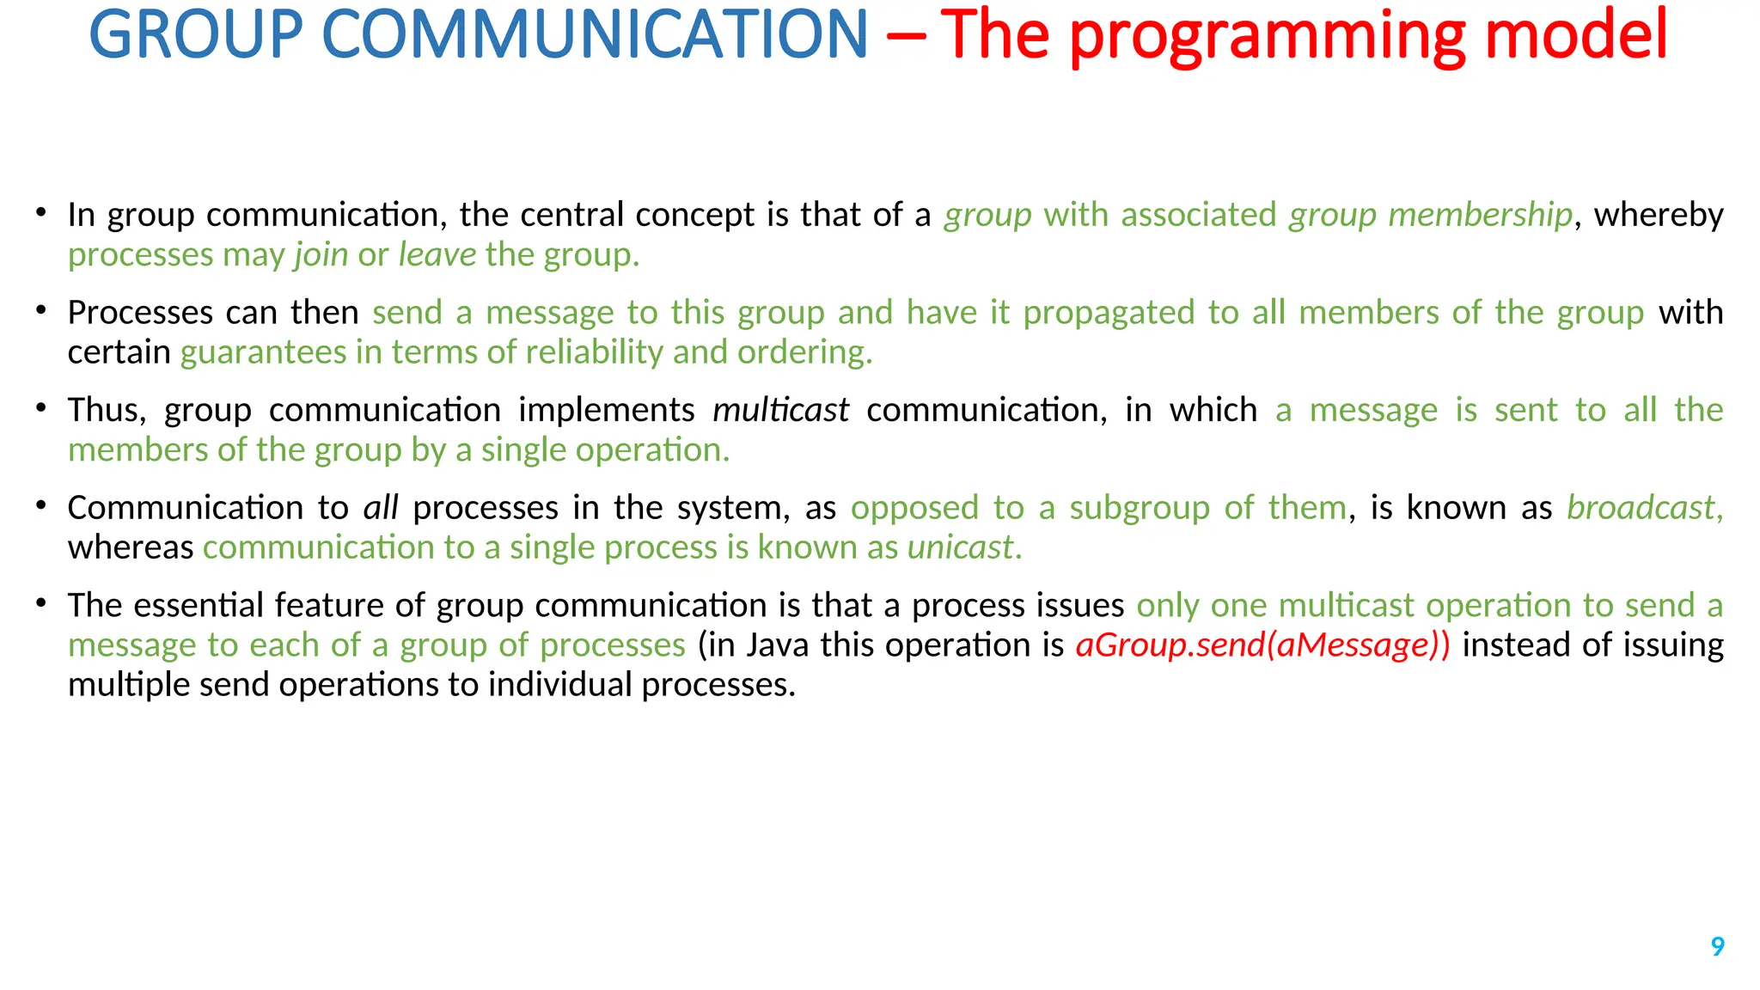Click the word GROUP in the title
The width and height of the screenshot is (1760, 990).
tap(196, 34)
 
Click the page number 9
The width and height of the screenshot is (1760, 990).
tap(1717, 946)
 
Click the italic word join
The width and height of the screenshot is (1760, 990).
tap(321, 255)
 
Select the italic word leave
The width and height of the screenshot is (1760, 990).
tap(437, 254)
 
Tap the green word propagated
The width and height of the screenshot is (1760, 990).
tap(1109, 313)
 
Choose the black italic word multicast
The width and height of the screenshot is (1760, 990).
tap(780, 410)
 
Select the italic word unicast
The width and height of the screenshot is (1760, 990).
tap(961, 547)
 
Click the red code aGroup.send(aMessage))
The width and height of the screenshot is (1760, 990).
tap(1262, 645)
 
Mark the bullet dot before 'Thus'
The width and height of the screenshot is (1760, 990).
tap(41, 407)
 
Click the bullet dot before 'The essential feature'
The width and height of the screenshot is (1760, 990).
tap(41, 603)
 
